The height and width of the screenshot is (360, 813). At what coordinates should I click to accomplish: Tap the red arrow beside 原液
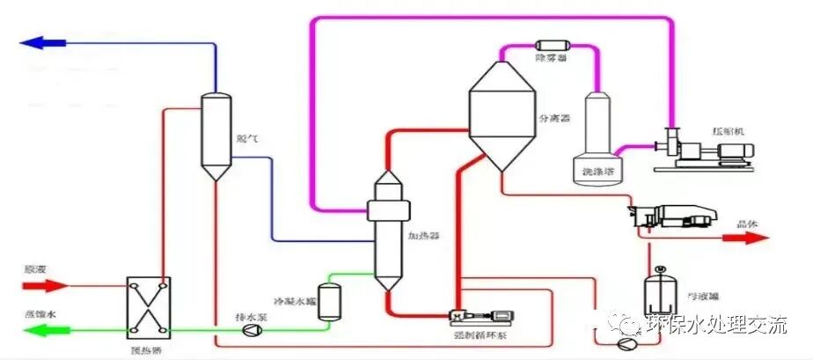point(50,285)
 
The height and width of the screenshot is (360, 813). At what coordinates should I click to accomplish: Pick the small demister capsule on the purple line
point(552,44)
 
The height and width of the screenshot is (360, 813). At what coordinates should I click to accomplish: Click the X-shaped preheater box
point(148,306)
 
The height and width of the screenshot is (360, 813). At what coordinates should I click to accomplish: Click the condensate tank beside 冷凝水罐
point(330,300)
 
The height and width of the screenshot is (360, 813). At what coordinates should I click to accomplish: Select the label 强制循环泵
point(476,335)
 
